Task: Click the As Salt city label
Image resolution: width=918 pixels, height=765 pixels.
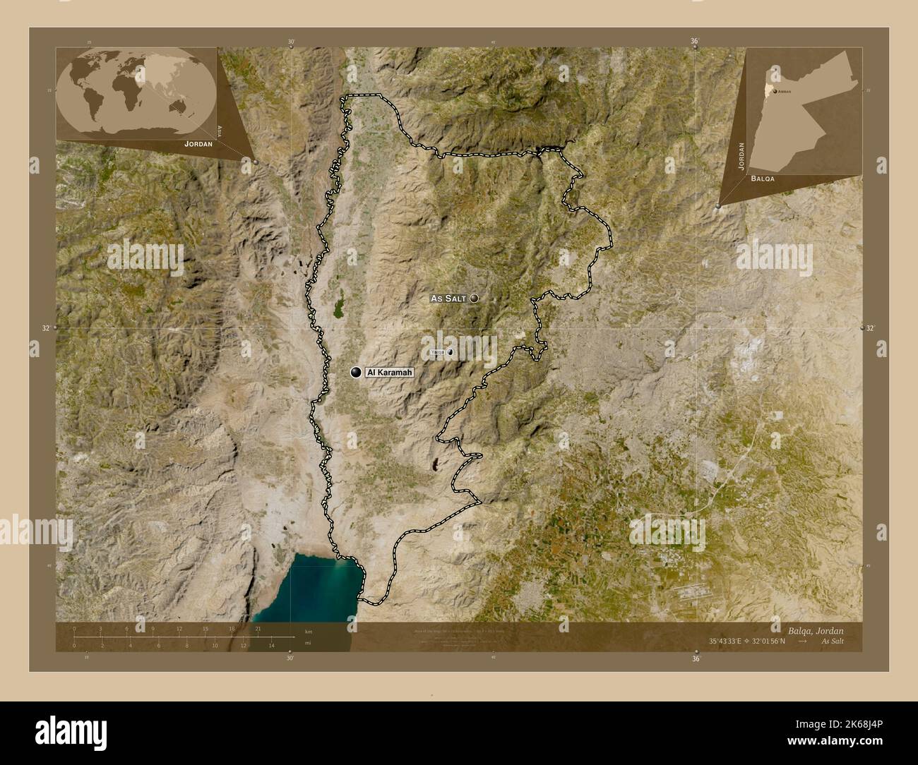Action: tap(448, 299)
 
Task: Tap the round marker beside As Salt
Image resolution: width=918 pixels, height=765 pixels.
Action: tap(474, 299)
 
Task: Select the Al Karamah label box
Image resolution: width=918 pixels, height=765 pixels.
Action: tap(388, 372)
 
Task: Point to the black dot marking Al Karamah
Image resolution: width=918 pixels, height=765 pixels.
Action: tap(356, 372)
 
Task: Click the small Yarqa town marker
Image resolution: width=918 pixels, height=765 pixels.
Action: tap(449, 351)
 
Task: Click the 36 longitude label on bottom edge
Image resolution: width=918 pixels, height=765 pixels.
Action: tap(696, 659)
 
